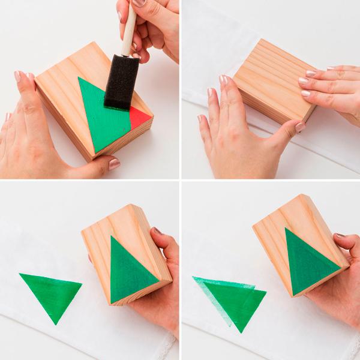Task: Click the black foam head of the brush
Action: (x=122, y=81)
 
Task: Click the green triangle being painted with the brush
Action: (x=99, y=111)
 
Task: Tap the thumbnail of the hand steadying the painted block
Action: (x=114, y=164)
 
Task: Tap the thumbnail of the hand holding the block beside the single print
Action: (x=158, y=231)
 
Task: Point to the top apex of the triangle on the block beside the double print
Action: (x=287, y=229)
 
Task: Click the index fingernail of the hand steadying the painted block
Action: (x=17, y=76)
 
